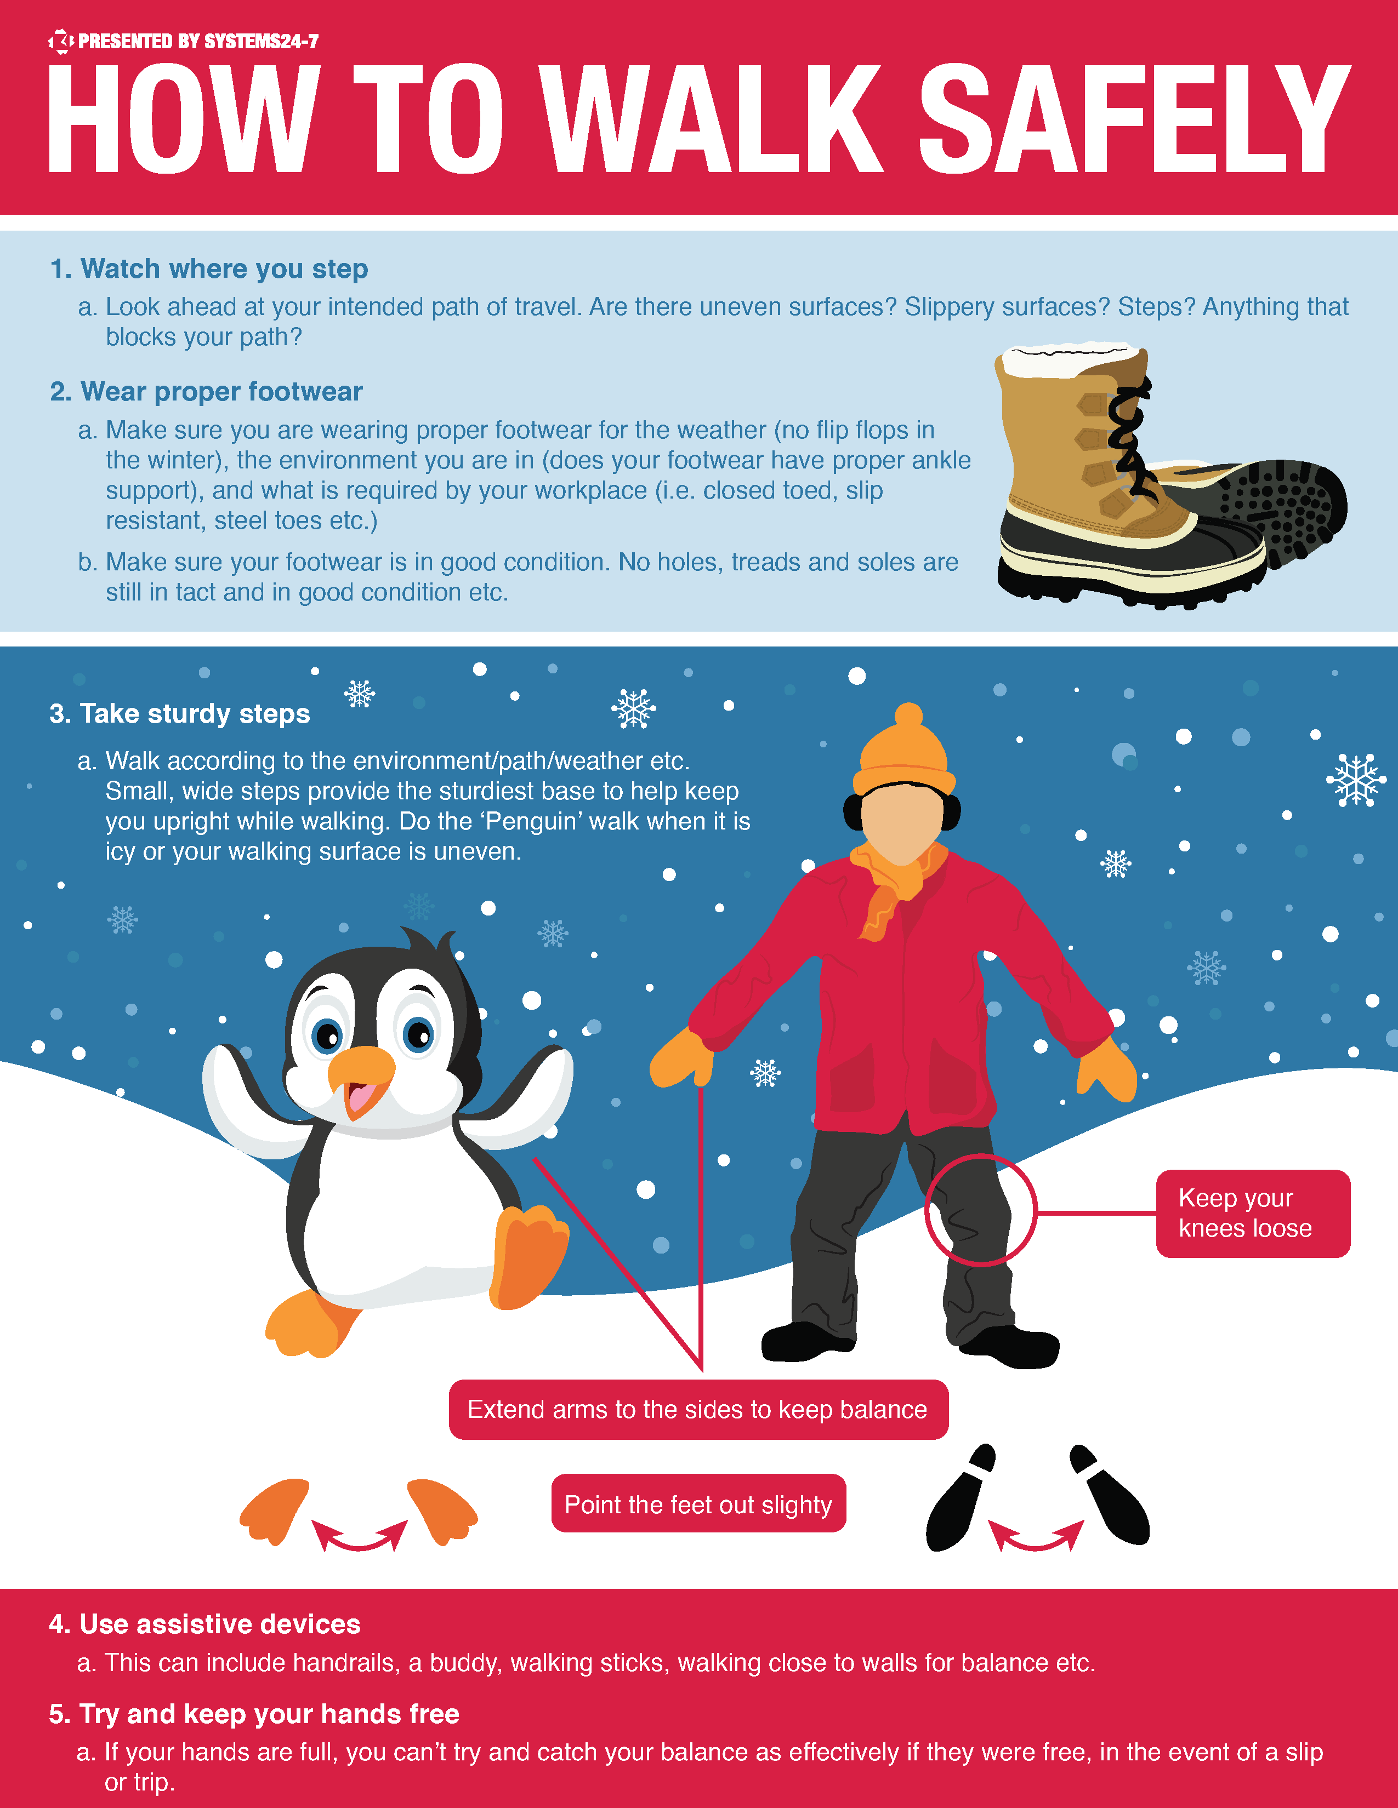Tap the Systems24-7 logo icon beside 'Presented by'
[60, 41]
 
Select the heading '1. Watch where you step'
[209, 269]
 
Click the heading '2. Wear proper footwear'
[206, 392]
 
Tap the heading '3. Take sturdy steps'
[180, 713]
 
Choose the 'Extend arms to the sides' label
[698, 1409]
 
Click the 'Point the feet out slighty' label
[698, 1504]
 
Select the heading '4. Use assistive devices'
[204, 1624]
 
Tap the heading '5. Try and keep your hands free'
[253, 1714]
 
